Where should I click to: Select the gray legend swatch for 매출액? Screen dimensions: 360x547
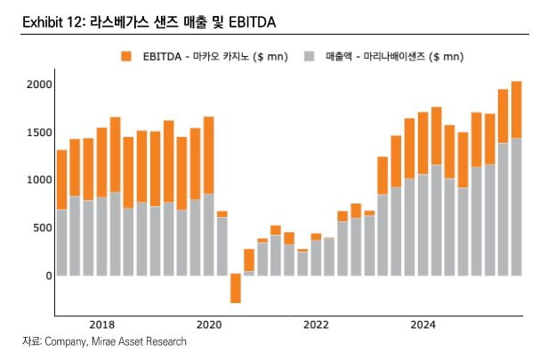(310, 57)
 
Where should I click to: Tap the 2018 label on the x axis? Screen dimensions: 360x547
(102, 324)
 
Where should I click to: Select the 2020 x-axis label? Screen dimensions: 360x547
(209, 324)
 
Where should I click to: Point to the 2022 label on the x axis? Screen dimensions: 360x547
(315, 324)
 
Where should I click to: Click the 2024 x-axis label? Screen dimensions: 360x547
(422, 324)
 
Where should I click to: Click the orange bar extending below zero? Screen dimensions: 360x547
(235, 289)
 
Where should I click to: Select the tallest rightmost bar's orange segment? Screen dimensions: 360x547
(516, 109)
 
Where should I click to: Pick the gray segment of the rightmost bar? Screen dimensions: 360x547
(516, 206)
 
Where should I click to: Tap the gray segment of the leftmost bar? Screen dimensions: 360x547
(62, 242)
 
